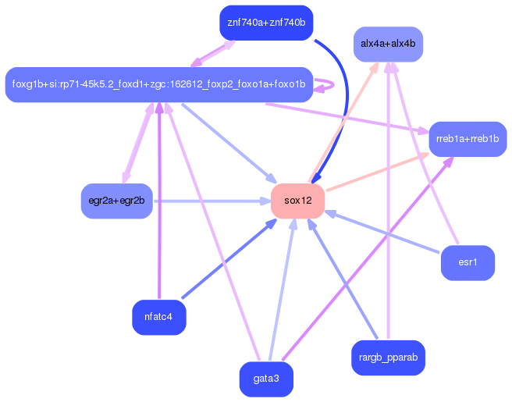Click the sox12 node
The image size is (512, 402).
tap(297, 201)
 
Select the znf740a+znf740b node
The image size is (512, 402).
tap(265, 22)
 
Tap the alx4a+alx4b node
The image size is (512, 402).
tap(387, 44)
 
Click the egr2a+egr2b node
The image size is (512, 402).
tap(116, 201)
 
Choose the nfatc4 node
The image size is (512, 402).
tap(158, 316)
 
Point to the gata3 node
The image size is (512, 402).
tap(265, 379)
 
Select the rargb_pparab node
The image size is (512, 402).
tap(388, 358)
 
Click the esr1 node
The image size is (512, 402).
tap(468, 262)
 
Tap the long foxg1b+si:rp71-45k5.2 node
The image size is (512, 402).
tap(158, 84)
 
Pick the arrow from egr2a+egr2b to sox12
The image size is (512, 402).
tap(211, 201)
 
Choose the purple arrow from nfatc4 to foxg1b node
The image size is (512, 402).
tap(159, 203)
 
